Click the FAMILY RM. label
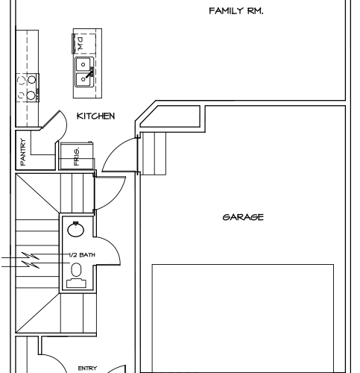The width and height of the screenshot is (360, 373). (236, 11)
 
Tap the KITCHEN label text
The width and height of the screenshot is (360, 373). (96, 116)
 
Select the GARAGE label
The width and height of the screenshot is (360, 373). (243, 217)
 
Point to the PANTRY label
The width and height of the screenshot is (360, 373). (23, 152)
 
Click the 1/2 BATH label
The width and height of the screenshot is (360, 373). (82, 255)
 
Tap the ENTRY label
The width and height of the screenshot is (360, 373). (87, 369)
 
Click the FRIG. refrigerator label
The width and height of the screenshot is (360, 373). (77, 157)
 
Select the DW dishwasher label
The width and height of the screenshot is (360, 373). (80, 43)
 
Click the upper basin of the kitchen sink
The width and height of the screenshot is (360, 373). (83, 64)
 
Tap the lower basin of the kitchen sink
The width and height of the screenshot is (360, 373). (83, 79)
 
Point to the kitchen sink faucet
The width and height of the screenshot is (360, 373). (90, 72)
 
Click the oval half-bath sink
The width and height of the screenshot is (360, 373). (76, 229)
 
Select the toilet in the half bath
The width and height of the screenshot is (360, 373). (76, 275)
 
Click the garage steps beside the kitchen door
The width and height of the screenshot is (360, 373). (154, 154)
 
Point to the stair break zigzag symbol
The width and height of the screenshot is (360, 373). (31, 260)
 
